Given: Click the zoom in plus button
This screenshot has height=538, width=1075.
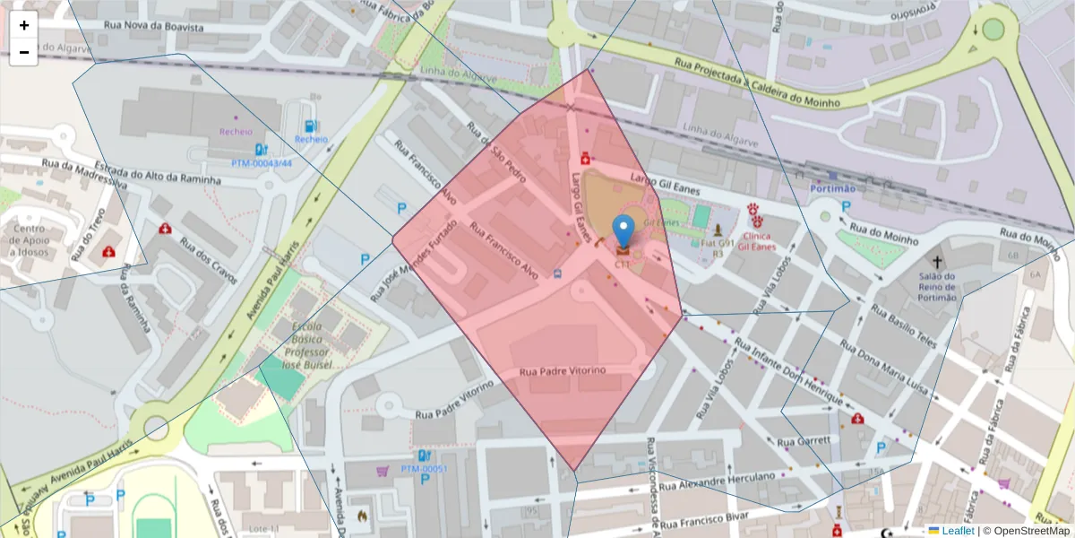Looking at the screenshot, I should (24, 25).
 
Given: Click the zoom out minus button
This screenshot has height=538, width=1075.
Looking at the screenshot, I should (24, 52).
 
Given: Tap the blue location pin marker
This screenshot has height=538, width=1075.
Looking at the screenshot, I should (623, 230).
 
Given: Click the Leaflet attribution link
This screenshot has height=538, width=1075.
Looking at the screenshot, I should (958, 531).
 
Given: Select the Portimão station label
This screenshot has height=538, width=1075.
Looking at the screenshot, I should (833, 188).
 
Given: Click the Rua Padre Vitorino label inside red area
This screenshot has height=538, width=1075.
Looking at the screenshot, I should (563, 370).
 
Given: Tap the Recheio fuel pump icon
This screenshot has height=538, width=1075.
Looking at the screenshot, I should (310, 126).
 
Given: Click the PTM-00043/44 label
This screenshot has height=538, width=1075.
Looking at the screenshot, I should (262, 163).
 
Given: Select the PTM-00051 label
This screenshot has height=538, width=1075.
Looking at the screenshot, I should (424, 469).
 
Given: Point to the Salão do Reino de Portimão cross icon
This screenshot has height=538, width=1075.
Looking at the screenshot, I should (937, 263).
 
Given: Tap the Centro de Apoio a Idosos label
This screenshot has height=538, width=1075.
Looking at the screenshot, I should (29, 240).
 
